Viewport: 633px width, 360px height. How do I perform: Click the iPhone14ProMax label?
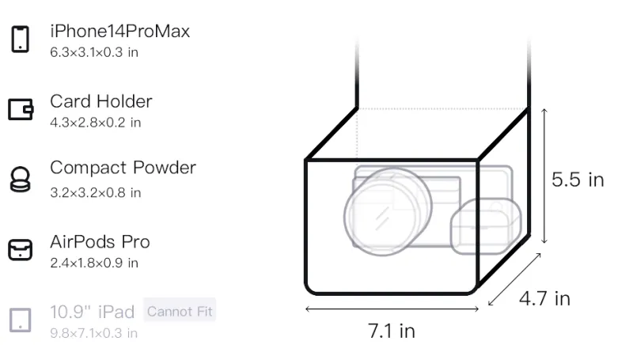click(120, 32)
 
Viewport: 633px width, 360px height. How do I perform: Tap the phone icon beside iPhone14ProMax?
click(21, 39)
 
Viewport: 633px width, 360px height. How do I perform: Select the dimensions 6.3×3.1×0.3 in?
click(94, 52)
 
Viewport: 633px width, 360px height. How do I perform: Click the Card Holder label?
click(101, 101)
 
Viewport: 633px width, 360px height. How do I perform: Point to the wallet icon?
click(21, 109)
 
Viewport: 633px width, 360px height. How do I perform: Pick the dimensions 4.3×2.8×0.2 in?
click(95, 123)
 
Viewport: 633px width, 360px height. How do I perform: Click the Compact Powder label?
click(123, 168)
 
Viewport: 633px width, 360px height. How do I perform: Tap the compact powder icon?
click(21, 179)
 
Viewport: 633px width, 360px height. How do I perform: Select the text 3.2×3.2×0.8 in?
click(95, 193)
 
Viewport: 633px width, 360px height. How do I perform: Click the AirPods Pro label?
click(100, 242)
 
